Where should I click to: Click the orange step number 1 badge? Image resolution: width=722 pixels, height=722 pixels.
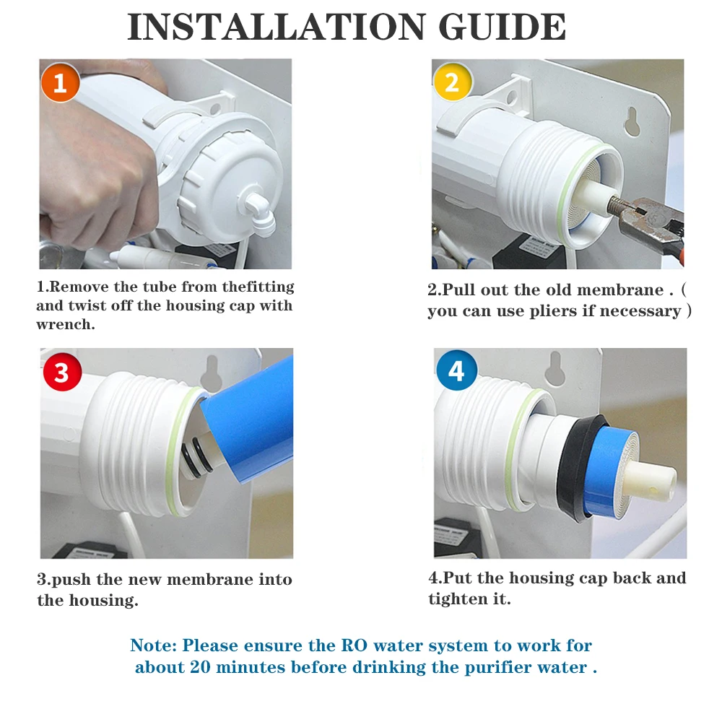coord(61,83)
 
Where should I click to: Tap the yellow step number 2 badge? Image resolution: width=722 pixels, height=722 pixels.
coord(453,82)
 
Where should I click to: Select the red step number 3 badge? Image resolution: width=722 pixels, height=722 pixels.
coord(62,372)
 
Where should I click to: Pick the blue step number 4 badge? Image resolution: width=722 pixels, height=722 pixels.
coord(456,370)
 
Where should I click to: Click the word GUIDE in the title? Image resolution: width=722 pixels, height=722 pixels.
coord(503,27)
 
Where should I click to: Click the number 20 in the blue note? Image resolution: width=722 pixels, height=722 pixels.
coord(200,666)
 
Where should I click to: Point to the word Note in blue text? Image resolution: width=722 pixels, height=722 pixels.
coord(151,645)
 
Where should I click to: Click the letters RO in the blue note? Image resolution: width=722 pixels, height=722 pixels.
coord(354,645)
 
